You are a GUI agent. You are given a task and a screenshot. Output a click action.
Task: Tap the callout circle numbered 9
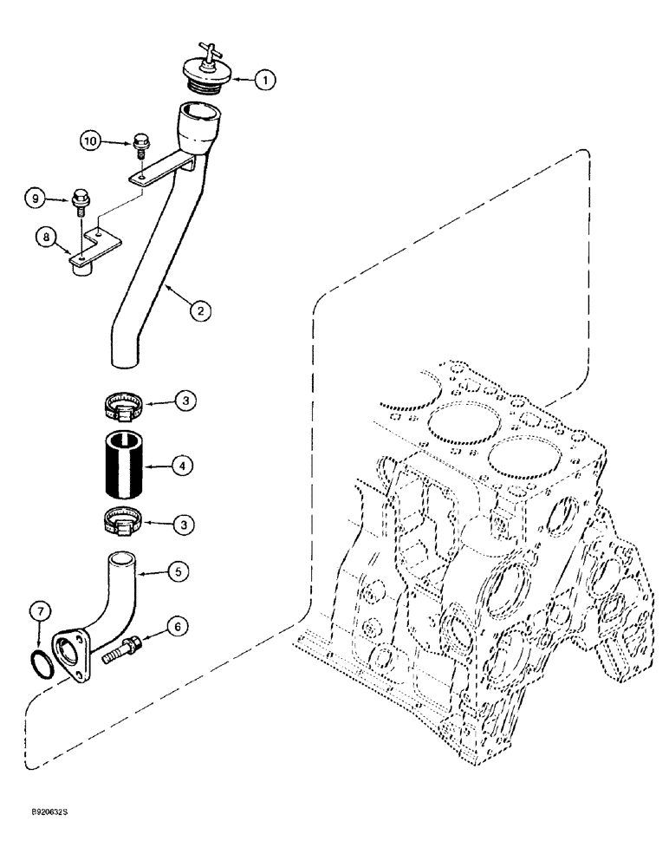click(35, 199)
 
